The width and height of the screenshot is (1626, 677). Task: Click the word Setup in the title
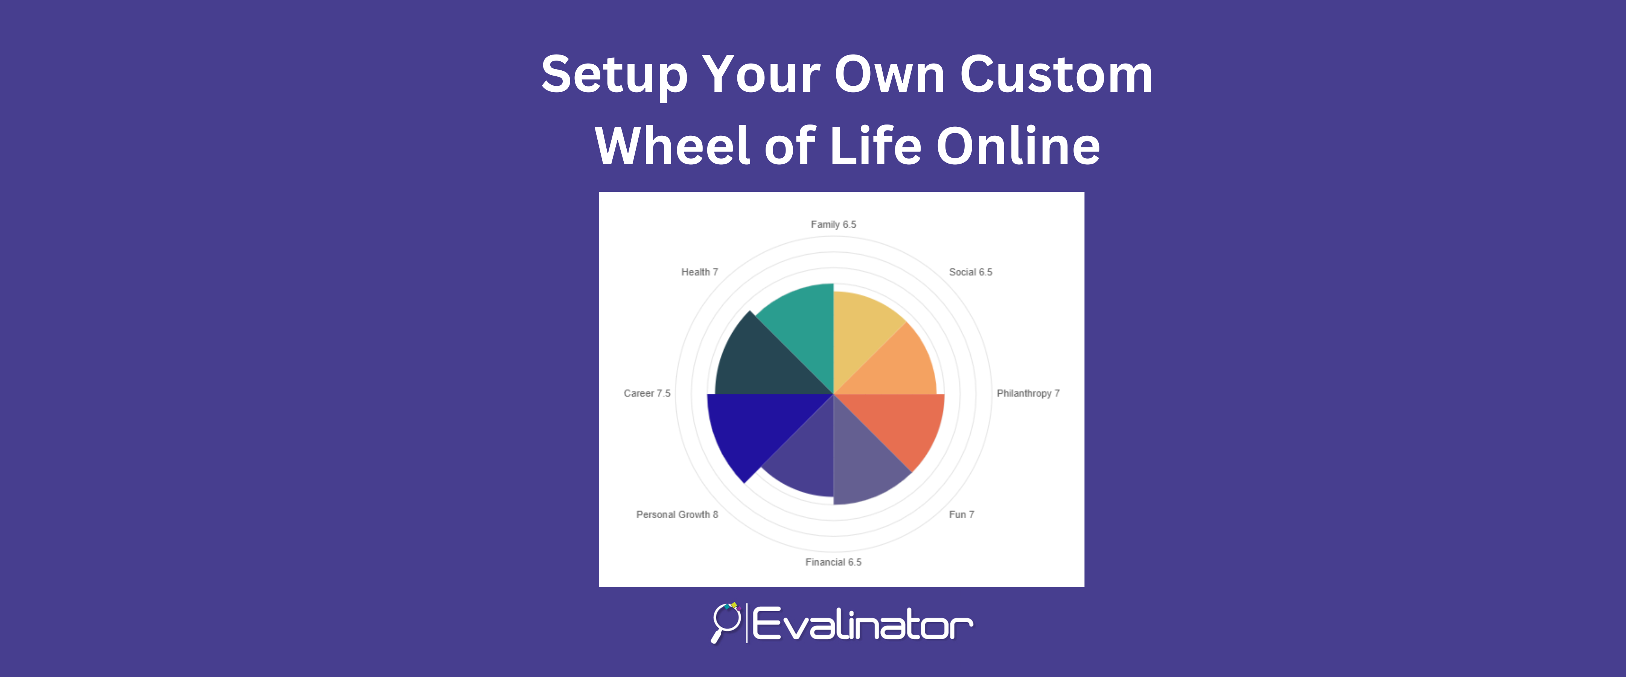[x=614, y=75]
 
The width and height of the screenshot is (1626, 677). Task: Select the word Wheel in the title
[x=674, y=146]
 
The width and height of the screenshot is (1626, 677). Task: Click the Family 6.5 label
[x=833, y=225]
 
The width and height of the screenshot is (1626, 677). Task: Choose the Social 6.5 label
[x=971, y=272]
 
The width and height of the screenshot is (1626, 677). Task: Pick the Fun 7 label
[x=961, y=514]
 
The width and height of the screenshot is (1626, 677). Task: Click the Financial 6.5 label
[x=833, y=562]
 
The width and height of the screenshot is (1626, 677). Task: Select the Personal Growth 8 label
[x=677, y=514]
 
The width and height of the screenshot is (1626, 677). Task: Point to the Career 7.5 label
[x=647, y=393]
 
